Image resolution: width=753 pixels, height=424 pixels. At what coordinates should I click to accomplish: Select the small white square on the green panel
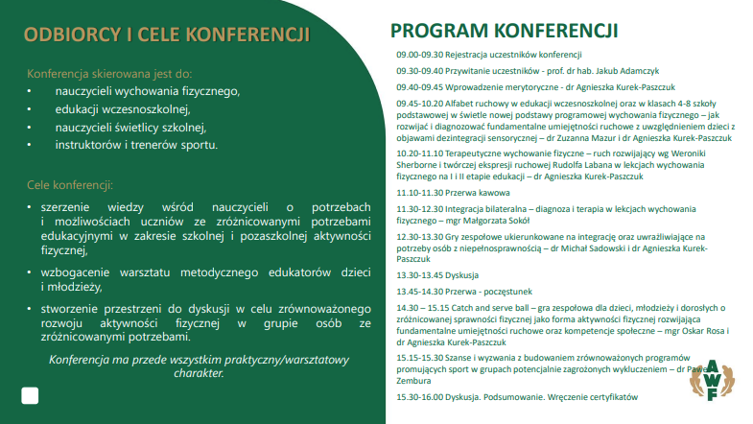pos(30,395)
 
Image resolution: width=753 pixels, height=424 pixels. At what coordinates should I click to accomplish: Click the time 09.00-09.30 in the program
pos(415,55)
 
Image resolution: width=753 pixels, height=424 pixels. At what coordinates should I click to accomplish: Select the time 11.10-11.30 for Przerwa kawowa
pos(415,193)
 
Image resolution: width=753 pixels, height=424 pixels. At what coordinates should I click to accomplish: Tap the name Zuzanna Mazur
pos(577,138)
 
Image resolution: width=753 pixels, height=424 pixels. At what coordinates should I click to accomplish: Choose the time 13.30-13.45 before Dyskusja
pos(415,273)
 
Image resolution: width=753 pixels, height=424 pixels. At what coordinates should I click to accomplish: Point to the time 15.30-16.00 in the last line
pos(415,397)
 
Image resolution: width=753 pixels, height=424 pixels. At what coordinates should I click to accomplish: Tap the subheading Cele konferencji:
pos(70,184)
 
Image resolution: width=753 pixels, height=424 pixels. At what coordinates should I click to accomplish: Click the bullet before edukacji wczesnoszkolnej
pos(30,109)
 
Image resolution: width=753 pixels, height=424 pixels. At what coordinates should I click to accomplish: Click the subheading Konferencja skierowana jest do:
pos(109,73)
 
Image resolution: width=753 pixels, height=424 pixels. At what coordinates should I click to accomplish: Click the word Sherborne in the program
pos(418,165)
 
